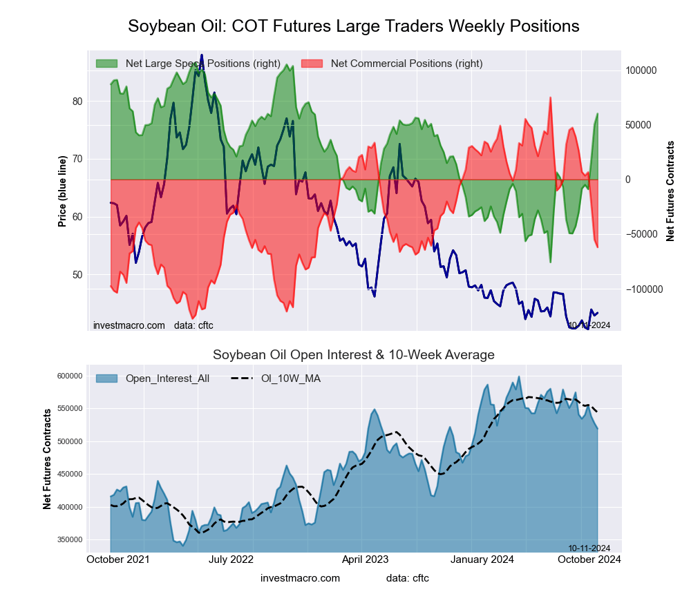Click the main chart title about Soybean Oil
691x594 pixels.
click(x=354, y=26)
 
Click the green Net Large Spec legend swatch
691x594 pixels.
click(x=107, y=64)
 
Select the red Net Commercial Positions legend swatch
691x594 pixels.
click(x=312, y=64)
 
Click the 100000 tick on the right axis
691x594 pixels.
click(x=640, y=71)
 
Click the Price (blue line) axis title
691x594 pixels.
click(x=62, y=191)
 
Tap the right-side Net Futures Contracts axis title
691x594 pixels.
click(x=670, y=191)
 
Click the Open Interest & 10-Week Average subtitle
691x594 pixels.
click(x=354, y=355)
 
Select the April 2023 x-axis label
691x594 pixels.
click(x=366, y=559)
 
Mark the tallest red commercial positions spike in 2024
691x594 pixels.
click(x=551, y=98)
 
